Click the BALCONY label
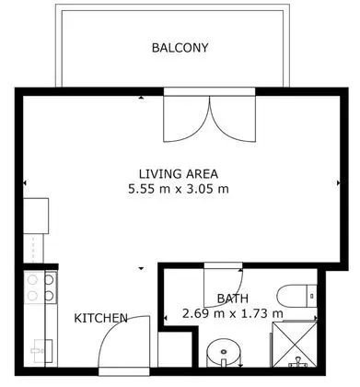coord(180,48)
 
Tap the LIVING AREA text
coord(179,174)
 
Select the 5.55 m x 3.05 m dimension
coord(179,189)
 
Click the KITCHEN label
coord(101,318)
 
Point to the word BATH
coord(233,299)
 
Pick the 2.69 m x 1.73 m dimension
coord(233,313)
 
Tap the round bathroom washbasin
coord(224,353)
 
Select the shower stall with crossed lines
coord(295,345)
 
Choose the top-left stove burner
coord(32,280)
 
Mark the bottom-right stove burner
coord(49,296)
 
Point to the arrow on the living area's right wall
coord(338,182)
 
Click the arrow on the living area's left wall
coord(25,182)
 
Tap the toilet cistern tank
coord(312,296)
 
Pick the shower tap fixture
coord(297,362)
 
